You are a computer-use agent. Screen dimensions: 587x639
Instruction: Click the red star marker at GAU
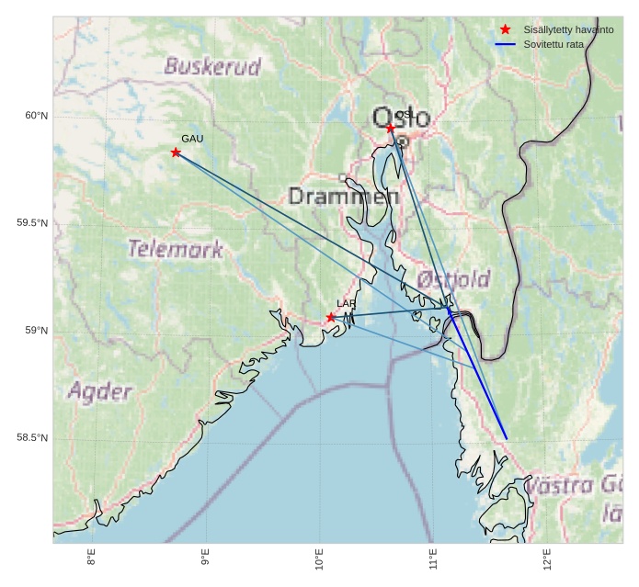click(x=176, y=152)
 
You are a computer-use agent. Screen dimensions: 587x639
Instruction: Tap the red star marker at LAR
click(x=331, y=318)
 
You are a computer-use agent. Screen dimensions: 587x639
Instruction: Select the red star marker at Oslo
click(x=391, y=129)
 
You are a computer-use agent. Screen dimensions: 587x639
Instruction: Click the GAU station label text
click(x=192, y=139)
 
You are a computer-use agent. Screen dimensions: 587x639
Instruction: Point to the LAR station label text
click(x=346, y=303)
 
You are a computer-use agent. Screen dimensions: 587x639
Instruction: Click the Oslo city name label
click(x=401, y=118)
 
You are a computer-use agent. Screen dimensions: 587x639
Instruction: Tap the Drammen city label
click(x=343, y=197)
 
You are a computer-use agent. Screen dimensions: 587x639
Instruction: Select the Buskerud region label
click(x=212, y=66)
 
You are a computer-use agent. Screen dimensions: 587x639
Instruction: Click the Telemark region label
click(x=175, y=248)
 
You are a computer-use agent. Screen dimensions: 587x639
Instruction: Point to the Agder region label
click(x=99, y=392)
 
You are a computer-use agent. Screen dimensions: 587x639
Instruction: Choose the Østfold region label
click(x=453, y=278)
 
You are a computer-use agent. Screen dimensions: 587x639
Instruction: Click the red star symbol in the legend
click(x=505, y=29)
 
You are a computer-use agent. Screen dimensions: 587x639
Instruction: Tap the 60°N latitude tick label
click(x=36, y=116)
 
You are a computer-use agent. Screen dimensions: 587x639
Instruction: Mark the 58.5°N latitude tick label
click(x=32, y=438)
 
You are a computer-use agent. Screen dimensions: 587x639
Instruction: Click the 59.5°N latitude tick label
click(x=32, y=223)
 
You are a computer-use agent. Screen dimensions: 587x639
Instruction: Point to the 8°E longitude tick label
click(x=92, y=558)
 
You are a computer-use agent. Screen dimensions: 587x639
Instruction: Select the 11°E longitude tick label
click(x=433, y=558)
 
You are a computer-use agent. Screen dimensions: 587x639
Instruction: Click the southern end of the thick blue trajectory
click(x=507, y=438)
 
